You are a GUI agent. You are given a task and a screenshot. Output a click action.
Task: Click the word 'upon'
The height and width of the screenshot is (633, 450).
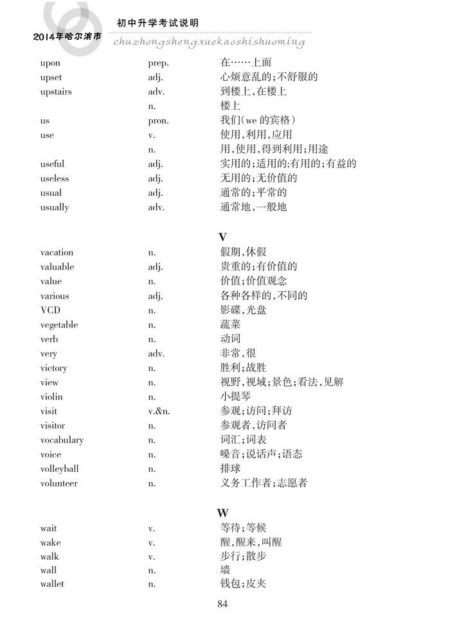coord(50,63)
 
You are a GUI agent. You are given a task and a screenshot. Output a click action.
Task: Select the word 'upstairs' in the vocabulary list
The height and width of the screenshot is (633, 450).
coord(56,92)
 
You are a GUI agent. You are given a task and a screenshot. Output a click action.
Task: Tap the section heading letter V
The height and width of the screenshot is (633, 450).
coord(222,237)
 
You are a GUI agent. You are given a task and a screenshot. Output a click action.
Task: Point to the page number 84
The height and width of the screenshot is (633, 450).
coord(223,603)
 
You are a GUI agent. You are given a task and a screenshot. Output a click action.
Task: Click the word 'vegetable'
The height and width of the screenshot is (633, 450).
coord(59,325)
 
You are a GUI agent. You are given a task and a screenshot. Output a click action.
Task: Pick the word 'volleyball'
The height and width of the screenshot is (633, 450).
coord(59,469)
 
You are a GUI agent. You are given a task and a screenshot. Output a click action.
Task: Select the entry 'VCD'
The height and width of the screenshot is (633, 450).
coord(50,310)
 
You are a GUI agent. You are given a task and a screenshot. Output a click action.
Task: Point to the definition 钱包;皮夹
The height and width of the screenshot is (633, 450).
coord(243,584)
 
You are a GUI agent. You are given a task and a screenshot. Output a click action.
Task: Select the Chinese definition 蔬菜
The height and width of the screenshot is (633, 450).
coord(230,325)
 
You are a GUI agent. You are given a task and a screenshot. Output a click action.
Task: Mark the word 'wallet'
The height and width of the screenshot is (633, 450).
coord(52,584)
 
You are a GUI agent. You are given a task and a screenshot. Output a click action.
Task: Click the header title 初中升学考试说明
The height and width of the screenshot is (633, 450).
coord(157,23)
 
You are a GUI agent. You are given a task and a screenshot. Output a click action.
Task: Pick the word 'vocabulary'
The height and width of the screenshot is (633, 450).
coord(62,440)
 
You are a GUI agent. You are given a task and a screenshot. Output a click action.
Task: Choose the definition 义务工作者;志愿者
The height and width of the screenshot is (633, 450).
coord(264,483)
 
